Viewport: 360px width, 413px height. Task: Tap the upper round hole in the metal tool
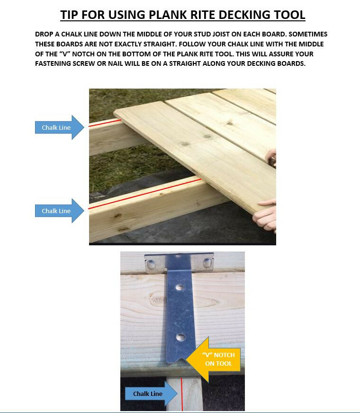point(180,287)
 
